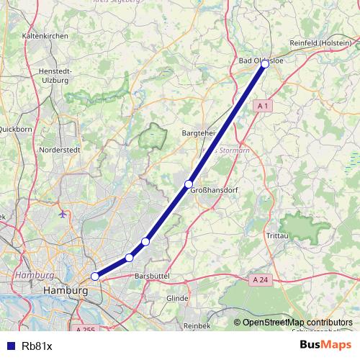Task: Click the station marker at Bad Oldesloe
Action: [x=265, y=64]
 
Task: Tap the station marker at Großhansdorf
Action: [x=189, y=184]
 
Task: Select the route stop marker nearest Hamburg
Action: [x=95, y=276]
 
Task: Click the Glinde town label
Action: [x=177, y=298]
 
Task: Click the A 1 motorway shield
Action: [x=263, y=106]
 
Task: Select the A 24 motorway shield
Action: [x=261, y=279]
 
